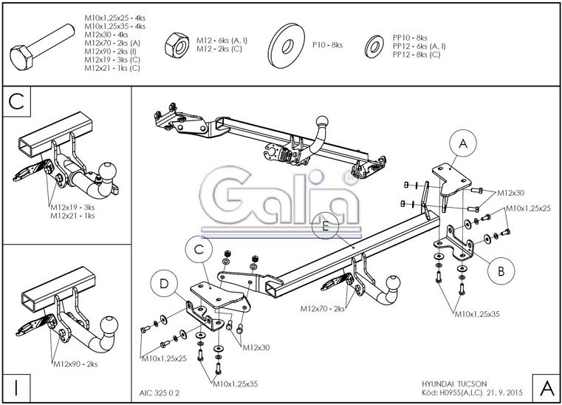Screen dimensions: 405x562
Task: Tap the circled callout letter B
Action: [501, 270]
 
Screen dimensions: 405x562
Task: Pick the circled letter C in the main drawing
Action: [198, 251]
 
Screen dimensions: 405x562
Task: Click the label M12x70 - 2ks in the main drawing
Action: [322, 308]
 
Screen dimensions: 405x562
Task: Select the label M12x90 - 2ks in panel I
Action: [75, 364]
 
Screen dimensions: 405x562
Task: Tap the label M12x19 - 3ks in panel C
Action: [75, 208]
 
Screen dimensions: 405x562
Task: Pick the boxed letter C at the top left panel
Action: [17, 103]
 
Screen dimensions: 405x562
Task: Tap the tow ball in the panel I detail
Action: [109, 323]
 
